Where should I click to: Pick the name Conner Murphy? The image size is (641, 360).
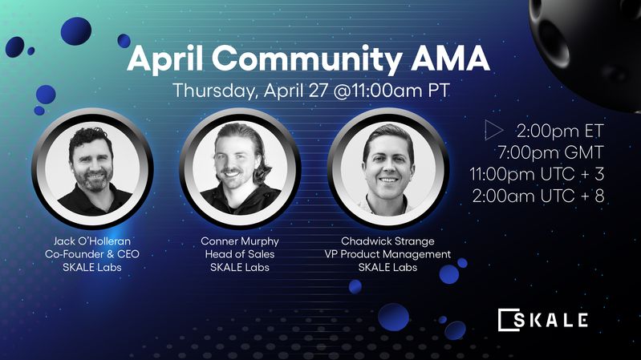[239, 240]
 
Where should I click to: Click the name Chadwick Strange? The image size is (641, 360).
[388, 240]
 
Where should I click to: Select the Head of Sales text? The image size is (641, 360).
[239, 253]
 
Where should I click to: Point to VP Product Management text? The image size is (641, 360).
[388, 253]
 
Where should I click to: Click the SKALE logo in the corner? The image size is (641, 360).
[543, 319]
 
